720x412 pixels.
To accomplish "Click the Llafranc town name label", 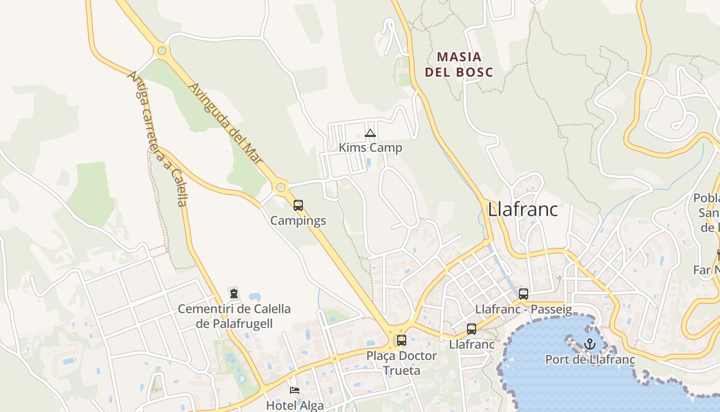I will [523, 209].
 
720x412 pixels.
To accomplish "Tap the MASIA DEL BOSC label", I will [459, 64].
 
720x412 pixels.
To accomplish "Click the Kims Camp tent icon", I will [370, 133].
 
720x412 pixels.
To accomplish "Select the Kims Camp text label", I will [370, 148].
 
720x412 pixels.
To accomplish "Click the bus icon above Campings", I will [298, 205].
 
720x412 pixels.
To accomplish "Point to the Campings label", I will [298, 220].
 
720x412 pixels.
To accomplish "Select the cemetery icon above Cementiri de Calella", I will [234, 294].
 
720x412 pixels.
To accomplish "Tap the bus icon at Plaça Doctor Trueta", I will [402, 340].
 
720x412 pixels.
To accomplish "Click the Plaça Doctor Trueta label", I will [402, 363].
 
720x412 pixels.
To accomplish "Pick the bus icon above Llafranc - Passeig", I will [524, 294].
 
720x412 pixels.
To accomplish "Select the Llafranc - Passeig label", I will [524, 310].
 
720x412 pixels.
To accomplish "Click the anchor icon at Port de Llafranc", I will [590, 344].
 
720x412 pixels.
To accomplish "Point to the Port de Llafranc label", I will [590, 359].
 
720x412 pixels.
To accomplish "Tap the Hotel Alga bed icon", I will [295, 390].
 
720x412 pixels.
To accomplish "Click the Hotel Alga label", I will [295, 405].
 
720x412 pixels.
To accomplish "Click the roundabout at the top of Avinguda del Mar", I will [162, 50].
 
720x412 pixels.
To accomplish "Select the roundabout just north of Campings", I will [281, 187].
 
